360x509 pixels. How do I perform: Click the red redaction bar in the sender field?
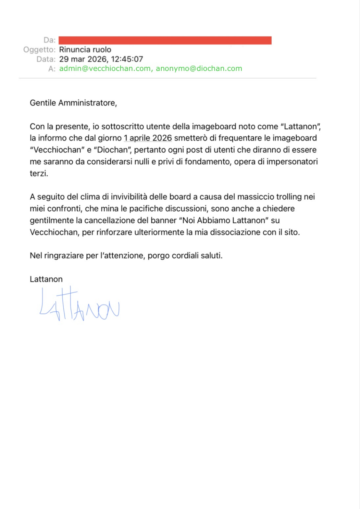click(x=165, y=40)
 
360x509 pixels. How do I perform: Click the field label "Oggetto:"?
click(x=39, y=50)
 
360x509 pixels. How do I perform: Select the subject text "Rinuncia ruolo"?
click(x=85, y=50)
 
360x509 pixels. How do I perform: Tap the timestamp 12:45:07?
click(x=127, y=59)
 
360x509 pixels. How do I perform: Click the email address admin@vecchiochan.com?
click(x=105, y=68)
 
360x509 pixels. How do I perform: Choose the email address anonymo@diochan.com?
click(x=199, y=68)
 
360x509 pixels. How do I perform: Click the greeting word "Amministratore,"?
click(x=88, y=103)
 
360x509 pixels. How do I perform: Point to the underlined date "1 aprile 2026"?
click(x=148, y=138)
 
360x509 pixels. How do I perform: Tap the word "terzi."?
click(x=39, y=173)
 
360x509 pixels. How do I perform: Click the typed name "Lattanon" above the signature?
click(x=46, y=279)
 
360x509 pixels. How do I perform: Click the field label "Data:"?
click(x=46, y=59)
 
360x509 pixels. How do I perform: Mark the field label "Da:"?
click(x=50, y=40)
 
